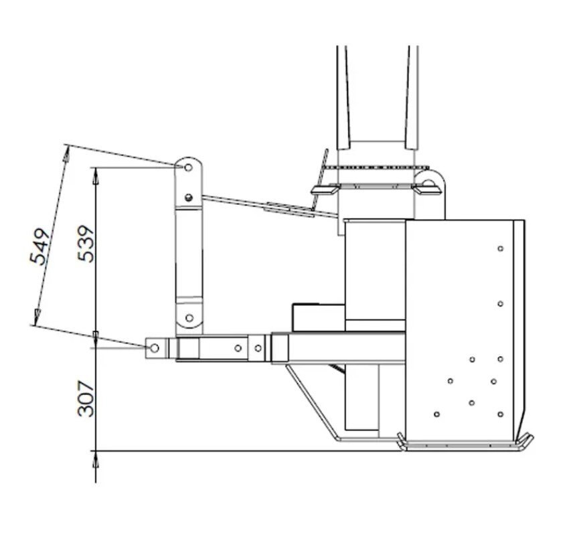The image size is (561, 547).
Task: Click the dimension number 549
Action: coord(39,247)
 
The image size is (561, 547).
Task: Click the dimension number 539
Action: coord(86,244)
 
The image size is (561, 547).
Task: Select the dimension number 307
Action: coord(86,398)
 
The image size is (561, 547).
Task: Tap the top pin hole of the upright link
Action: coord(188,167)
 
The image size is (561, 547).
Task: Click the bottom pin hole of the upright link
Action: coord(189,317)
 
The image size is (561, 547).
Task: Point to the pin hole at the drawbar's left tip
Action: coord(155,347)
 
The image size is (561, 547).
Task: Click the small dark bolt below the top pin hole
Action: coord(189,197)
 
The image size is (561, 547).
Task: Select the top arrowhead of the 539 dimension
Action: coord(96,176)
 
